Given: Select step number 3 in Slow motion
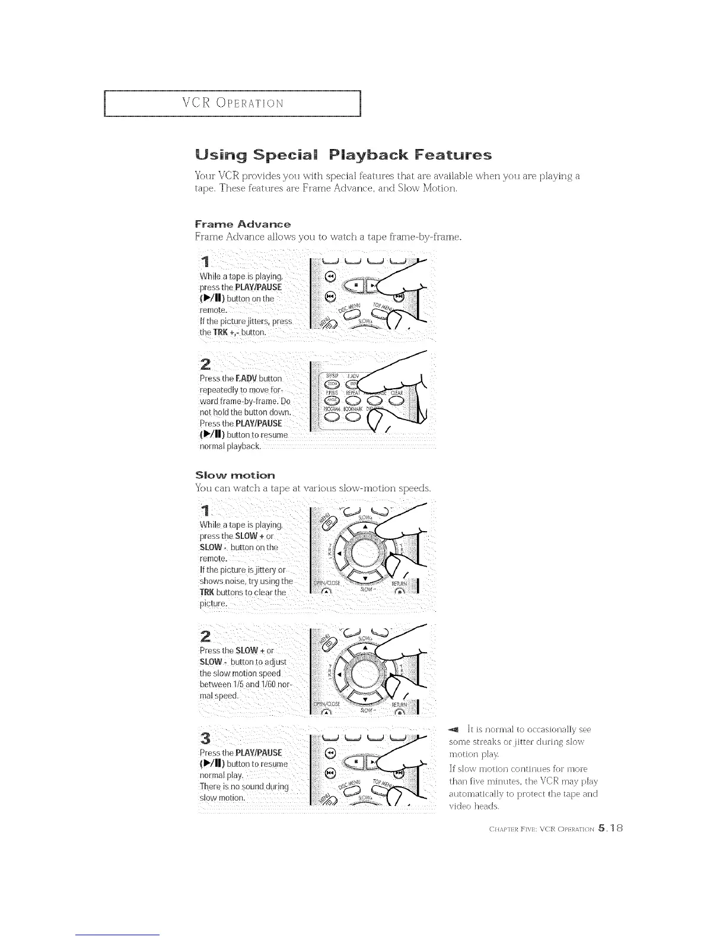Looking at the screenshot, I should pos(205,739).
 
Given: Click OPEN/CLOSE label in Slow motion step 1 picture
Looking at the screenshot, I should pos(325,583).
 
